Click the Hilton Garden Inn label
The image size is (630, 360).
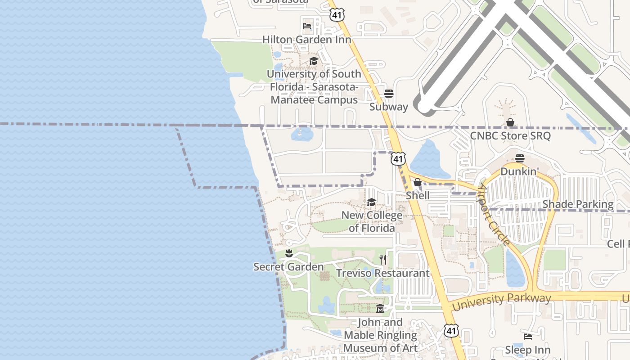(306, 40)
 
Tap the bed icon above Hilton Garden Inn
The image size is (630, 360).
(307, 26)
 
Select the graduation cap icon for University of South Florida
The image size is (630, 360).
(314, 61)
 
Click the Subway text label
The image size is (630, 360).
(388, 107)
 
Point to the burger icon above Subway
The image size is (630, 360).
(389, 94)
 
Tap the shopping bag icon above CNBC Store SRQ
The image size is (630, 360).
(510, 122)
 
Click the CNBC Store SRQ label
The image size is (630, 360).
(510, 135)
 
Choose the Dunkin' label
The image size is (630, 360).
(520, 171)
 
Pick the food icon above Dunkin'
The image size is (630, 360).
(520, 158)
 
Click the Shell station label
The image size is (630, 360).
(418, 195)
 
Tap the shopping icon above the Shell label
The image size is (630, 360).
(418, 182)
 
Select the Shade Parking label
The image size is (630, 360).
(578, 204)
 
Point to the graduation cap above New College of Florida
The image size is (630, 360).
(371, 202)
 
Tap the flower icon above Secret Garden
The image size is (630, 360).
(289, 254)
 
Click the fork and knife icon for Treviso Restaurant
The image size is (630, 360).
(383, 260)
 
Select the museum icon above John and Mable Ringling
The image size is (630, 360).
(380, 309)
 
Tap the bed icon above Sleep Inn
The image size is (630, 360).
(528, 337)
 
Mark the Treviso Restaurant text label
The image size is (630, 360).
(383, 273)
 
